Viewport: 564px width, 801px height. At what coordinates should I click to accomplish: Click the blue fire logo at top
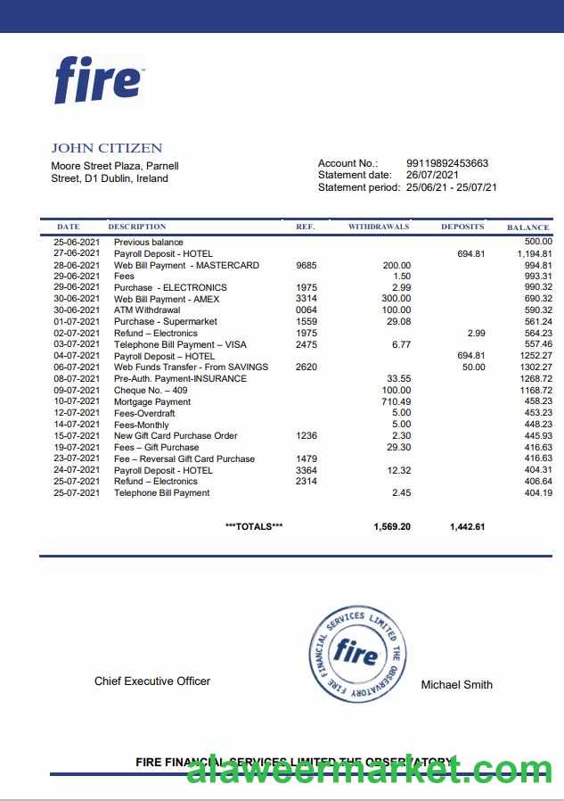tap(98, 79)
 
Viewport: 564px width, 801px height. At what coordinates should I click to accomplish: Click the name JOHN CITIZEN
tap(106, 148)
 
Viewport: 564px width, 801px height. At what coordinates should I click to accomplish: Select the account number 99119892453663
tap(446, 163)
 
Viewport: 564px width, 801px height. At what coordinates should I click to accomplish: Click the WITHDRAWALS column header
tap(379, 227)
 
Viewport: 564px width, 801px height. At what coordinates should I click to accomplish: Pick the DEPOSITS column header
tap(462, 227)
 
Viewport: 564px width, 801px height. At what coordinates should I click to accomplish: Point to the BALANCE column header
tap(527, 227)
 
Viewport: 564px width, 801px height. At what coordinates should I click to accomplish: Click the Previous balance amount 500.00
tap(538, 242)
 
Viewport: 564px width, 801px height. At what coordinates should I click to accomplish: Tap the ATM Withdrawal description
tap(147, 310)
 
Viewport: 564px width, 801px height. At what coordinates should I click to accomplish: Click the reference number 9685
tap(306, 265)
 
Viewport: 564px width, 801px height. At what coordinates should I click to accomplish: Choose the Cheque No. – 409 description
tap(151, 390)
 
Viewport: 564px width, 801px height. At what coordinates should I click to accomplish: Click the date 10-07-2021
tap(77, 401)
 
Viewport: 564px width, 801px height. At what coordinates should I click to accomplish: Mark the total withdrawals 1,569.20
tap(392, 526)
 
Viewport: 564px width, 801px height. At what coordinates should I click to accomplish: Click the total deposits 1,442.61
tap(467, 526)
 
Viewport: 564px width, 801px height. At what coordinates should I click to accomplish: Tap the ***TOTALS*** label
tap(254, 526)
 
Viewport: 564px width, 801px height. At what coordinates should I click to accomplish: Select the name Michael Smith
tap(456, 684)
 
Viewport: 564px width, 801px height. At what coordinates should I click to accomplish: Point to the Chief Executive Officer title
tap(152, 681)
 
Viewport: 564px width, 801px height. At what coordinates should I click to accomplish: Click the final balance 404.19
tap(538, 492)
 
